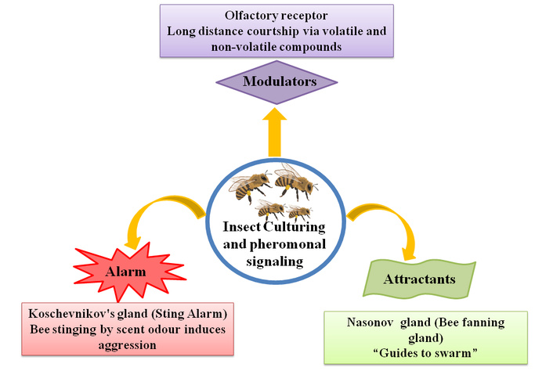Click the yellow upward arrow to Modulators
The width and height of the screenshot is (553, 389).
point(275,132)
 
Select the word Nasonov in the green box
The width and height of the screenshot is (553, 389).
point(371,322)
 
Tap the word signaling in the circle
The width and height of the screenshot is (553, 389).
point(275,262)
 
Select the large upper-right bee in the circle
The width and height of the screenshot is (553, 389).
point(295,182)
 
